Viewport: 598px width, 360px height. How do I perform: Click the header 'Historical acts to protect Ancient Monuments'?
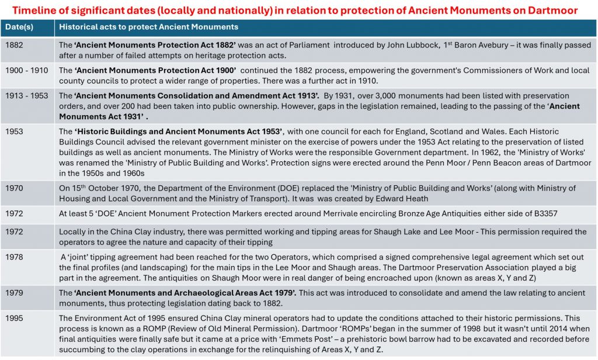click(148, 27)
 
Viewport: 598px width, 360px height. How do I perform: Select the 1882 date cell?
click(15, 44)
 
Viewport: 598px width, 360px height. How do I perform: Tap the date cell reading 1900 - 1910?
click(26, 70)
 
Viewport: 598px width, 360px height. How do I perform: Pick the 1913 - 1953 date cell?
click(27, 95)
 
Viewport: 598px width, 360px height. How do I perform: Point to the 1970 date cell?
click(15, 188)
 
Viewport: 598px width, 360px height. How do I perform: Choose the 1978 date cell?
click(15, 257)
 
